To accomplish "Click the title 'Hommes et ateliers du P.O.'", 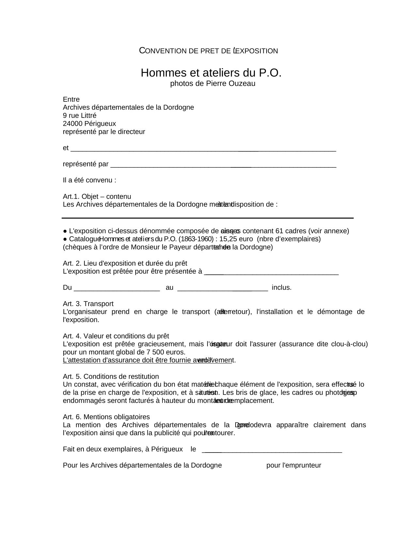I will click(x=211, y=73).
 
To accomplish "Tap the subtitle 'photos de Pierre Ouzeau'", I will click(x=213, y=84).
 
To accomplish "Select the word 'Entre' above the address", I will click(x=71, y=99).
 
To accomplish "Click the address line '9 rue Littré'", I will click(x=80, y=115).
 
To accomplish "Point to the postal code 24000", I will click(x=72, y=124).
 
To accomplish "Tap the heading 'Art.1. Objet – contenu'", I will click(x=97, y=196).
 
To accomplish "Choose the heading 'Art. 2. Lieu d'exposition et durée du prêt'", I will click(x=125, y=263).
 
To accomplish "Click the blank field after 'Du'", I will click(x=117, y=288).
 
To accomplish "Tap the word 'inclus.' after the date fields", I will click(x=282, y=288).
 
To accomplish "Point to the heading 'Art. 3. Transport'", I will click(x=88, y=304).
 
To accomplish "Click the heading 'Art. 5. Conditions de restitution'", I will click(x=111, y=377).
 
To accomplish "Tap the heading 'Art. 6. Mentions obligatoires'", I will click(x=106, y=417).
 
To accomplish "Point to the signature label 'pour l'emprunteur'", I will click(x=294, y=466).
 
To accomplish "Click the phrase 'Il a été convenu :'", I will click(x=89, y=180).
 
